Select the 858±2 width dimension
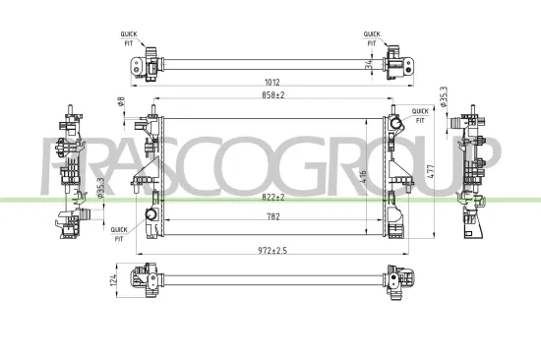[x=271, y=95]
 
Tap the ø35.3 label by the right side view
[x=445, y=100]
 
